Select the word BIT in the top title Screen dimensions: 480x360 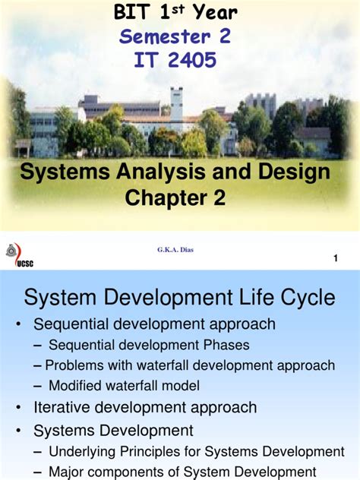(132, 11)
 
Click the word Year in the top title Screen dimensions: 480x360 (213, 11)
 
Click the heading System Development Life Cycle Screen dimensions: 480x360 (180, 297)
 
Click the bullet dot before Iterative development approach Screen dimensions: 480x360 (19, 407)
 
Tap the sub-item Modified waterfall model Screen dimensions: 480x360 (124, 385)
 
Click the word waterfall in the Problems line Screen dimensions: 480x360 (172, 365)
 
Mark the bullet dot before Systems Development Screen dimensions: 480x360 (19, 430)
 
